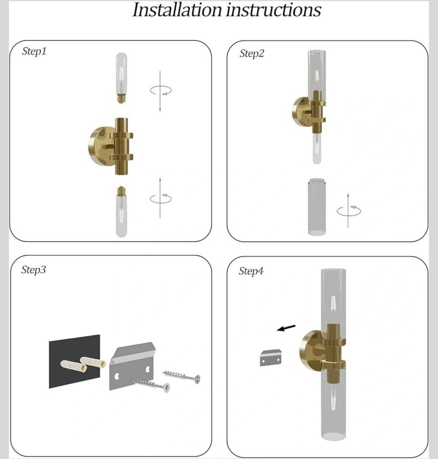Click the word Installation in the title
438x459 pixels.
[x=177, y=10]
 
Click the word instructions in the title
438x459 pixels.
[x=273, y=10]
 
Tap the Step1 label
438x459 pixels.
[x=34, y=52]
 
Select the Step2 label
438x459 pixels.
[x=252, y=54]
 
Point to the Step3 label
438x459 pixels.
[x=33, y=270]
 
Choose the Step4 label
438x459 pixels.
[x=251, y=272]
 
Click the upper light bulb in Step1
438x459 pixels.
[x=121, y=77]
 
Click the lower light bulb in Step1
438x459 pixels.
[x=121, y=211]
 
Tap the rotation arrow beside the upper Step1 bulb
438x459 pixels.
[x=161, y=90]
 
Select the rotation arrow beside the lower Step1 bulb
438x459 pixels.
[x=161, y=198]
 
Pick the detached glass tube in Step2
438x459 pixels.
[x=317, y=207]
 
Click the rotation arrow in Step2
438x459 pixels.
[x=349, y=210]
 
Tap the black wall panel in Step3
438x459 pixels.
[x=74, y=361]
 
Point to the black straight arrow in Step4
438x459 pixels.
[x=286, y=328]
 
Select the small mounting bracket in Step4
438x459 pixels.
[x=271, y=358]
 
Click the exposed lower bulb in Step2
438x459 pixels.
[x=317, y=148]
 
